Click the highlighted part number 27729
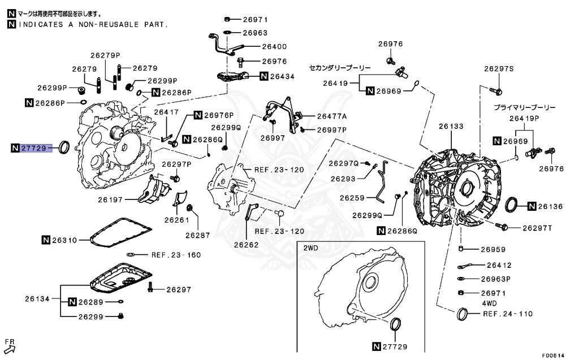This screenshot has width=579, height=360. (35, 148)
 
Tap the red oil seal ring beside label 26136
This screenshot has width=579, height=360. (511, 205)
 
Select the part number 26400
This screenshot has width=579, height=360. (274, 47)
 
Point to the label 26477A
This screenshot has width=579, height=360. (331, 116)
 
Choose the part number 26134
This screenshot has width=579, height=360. (37, 298)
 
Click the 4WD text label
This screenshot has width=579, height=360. (490, 303)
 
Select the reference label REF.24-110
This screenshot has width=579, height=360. (507, 313)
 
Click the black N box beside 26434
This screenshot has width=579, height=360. (264, 76)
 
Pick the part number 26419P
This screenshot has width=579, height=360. (524, 118)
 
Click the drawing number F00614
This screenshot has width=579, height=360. (553, 355)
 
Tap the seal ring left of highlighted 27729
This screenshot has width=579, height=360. (65, 148)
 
